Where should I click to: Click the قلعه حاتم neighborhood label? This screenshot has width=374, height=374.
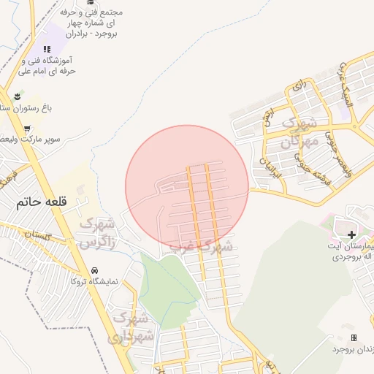pos(40,204)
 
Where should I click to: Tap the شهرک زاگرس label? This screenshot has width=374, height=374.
pos(97,232)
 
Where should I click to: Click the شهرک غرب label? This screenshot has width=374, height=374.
pos(202,246)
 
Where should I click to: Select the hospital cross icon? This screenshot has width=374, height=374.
pos(352,234)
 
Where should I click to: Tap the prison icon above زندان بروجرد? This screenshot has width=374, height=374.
pos(354,337)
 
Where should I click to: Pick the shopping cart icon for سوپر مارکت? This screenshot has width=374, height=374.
pos(28,129)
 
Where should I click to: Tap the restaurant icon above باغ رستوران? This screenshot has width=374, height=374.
pos(17,96)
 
